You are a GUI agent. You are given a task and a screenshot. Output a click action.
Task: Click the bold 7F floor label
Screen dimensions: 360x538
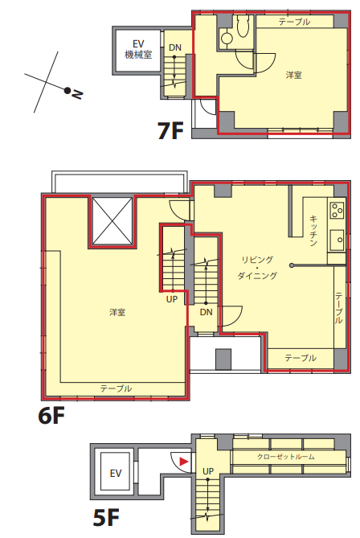tap(170, 130)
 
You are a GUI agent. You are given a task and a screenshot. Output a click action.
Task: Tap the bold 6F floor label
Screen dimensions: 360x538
tap(51, 416)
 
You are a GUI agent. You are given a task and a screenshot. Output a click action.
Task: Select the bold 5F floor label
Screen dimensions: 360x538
tap(106, 517)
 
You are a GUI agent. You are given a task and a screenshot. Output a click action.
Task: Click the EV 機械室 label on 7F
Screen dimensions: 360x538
tap(138, 49)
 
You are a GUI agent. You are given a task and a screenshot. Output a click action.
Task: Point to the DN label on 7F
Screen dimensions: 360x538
tap(175, 47)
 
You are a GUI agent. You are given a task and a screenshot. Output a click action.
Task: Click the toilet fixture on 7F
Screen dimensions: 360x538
tap(243, 27)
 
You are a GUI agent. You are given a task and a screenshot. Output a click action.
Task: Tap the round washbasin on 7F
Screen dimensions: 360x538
tap(227, 38)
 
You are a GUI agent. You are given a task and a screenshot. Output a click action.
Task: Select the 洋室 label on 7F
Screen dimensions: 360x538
tap(294, 75)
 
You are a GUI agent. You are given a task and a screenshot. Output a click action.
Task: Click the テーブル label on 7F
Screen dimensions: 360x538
tap(295, 22)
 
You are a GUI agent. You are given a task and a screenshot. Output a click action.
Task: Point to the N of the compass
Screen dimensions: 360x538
tap(77, 94)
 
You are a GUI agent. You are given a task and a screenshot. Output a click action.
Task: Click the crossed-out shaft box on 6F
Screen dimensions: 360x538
tap(112, 221)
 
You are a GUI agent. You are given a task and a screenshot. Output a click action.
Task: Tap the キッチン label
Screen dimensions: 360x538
tap(313, 231)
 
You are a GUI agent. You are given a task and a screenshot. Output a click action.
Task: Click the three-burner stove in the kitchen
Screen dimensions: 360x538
tap(337, 211)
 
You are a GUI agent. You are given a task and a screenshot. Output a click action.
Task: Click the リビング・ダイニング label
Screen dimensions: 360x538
tap(257, 268)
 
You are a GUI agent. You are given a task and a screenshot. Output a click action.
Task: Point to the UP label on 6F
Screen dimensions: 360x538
tap(172, 299)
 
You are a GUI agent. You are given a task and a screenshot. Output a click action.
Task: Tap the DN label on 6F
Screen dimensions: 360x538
tap(206, 312)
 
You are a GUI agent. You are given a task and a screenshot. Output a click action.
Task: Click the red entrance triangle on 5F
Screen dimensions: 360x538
tap(184, 462)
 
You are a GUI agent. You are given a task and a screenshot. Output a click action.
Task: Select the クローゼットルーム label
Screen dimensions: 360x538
tap(285, 457)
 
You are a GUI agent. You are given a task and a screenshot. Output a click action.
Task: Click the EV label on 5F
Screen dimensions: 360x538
tap(116, 474)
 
